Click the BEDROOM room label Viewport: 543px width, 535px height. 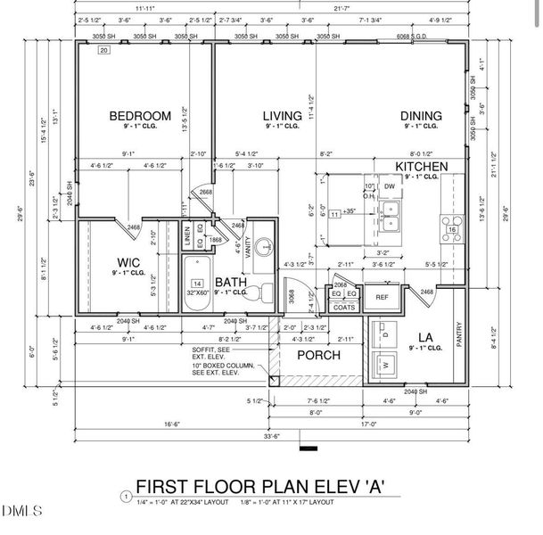coord(140,116)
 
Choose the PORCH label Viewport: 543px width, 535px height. coord(319,355)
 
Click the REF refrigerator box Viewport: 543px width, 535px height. coord(382,298)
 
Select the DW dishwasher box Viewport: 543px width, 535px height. coord(390,186)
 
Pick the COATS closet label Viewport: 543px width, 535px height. coord(343,307)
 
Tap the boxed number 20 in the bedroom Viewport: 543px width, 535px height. coord(103,53)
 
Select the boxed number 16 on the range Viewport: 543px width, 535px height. coord(452,229)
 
